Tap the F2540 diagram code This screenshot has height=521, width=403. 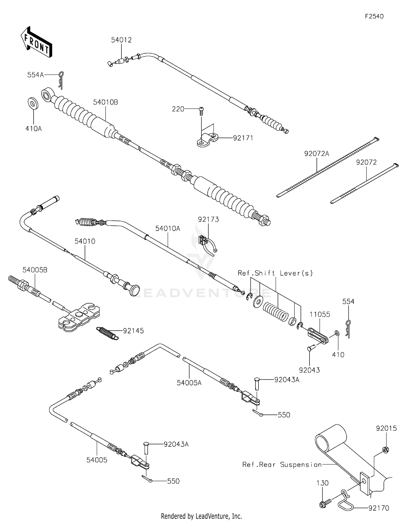(x=374, y=16)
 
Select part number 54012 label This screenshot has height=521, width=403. (x=121, y=40)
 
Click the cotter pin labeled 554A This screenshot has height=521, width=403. (x=61, y=80)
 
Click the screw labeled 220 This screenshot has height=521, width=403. (x=201, y=110)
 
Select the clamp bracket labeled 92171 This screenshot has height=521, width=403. (x=207, y=140)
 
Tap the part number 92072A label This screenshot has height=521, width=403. (x=316, y=154)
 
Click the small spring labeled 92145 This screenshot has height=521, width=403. (x=107, y=333)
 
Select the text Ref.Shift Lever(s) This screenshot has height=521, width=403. (x=275, y=273)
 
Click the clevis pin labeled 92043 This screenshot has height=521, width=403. (x=310, y=348)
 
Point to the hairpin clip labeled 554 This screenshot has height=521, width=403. (x=348, y=329)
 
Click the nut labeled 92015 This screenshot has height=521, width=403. (x=385, y=449)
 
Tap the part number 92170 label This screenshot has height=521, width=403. (x=379, y=508)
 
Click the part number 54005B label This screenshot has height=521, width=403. (x=35, y=270)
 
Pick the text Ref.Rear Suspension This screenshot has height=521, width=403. (x=282, y=465)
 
